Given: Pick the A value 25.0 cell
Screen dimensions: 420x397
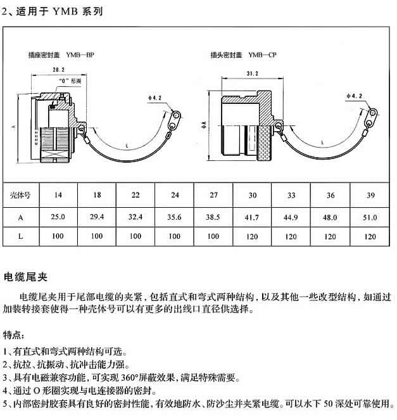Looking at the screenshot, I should [x=58, y=217].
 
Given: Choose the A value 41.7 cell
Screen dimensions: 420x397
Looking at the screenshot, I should [x=253, y=217].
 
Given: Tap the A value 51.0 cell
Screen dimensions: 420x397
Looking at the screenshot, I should [x=369, y=217].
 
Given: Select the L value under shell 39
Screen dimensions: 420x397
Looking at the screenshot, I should [x=369, y=237].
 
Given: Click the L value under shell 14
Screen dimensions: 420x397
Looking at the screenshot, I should [x=58, y=237].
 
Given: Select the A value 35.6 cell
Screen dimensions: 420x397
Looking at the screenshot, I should [x=175, y=217].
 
